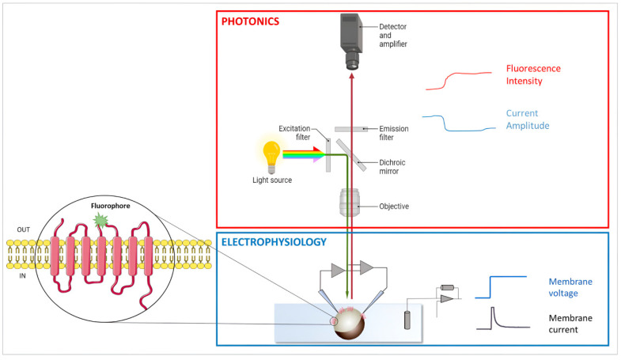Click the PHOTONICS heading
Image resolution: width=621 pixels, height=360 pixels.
[250, 21]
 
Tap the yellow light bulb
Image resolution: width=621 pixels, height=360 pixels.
[273, 154]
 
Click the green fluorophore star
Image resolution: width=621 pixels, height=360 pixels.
[100, 219]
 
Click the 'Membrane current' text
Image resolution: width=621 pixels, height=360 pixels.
[569, 324]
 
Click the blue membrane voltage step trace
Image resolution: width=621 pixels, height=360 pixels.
[498, 287]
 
